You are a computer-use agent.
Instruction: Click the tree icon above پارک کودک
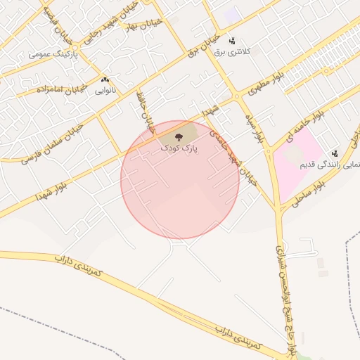(x=179, y=135)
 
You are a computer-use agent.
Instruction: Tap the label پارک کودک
(x=179, y=148)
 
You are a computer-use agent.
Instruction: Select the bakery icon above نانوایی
(x=105, y=80)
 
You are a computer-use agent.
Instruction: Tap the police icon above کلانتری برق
(x=232, y=41)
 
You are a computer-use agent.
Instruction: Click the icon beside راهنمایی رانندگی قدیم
(x=334, y=151)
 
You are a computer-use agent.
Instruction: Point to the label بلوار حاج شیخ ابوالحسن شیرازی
(x=285, y=288)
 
